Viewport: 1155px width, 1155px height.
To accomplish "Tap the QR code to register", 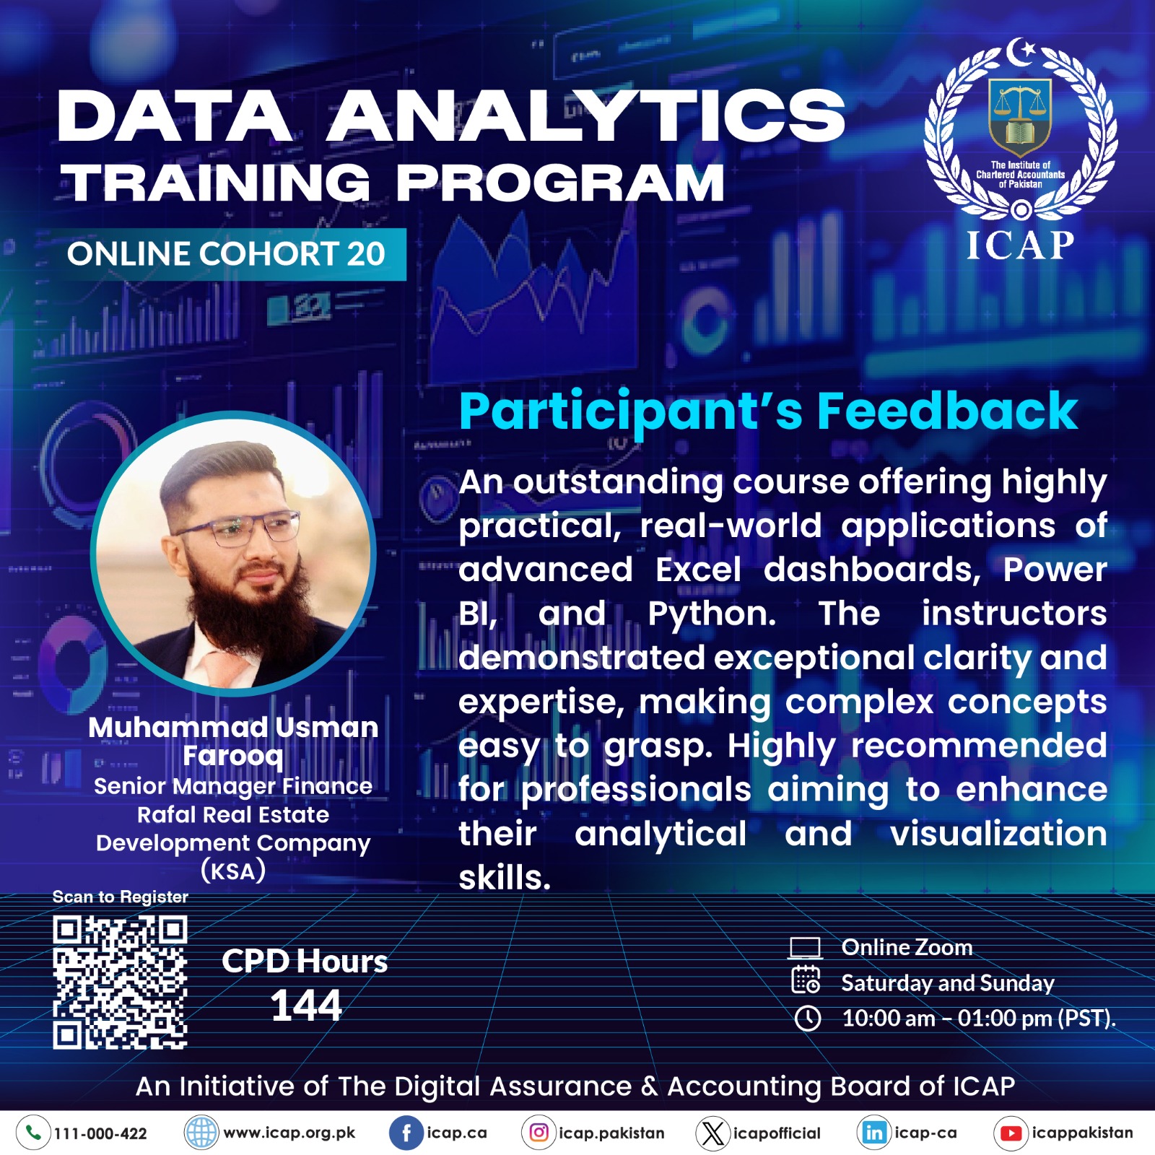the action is click(120, 982).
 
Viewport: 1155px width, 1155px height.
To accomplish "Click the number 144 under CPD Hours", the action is click(306, 1006).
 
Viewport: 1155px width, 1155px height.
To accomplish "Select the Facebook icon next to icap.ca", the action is click(406, 1133).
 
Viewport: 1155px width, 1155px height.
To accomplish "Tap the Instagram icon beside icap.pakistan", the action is click(539, 1133).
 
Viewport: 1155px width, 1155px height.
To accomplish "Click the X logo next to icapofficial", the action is click(712, 1133).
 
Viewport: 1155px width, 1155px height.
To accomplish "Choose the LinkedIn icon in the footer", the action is click(874, 1133).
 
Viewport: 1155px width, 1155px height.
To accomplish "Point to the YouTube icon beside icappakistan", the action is click(1011, 1133).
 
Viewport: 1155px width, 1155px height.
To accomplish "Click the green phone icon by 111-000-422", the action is click(33, 1133).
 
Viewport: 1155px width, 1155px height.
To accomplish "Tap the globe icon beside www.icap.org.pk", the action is click(201, 1133).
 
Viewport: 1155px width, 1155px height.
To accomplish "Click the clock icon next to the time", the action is click(808, 1019).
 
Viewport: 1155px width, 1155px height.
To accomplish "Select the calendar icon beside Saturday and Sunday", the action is click(806, 980).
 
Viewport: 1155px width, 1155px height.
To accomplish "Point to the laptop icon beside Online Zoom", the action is click(805, 948).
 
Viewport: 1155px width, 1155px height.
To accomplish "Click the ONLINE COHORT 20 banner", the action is click(226, 254).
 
